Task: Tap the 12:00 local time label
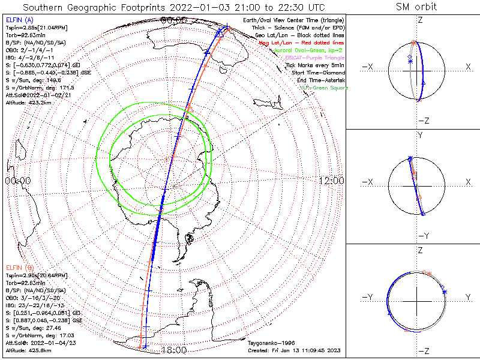[331, 181]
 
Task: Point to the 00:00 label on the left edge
[17, 181]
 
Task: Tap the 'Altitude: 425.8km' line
[28, 350]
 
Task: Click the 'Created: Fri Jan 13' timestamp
[294, 350]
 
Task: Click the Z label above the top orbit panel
[419, 20]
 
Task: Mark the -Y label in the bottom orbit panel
[368, 297]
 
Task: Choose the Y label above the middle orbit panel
[419, 135]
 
